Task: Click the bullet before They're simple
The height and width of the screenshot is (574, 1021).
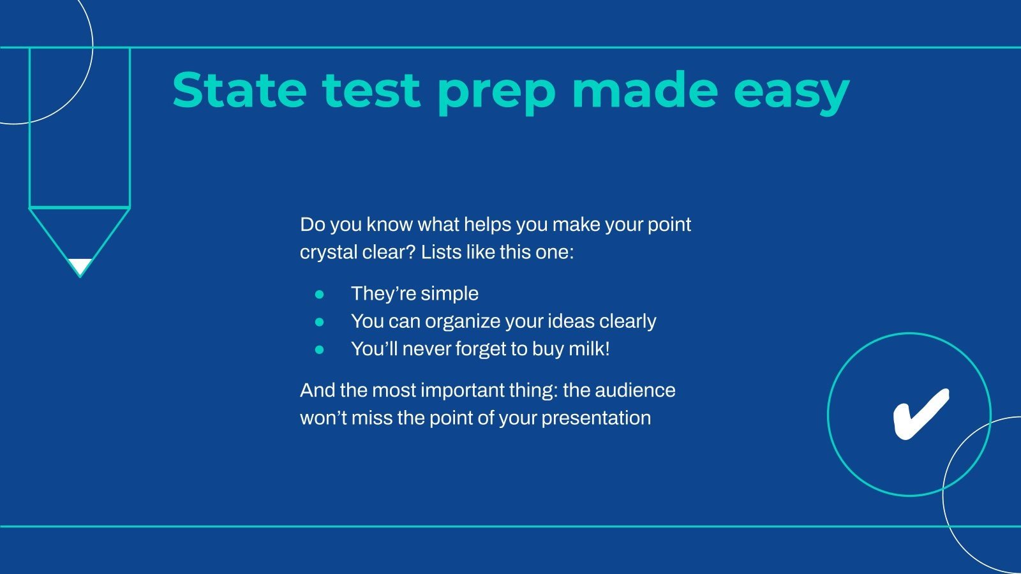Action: tap(320, 294)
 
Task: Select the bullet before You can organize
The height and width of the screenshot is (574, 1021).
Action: tap(320, 322)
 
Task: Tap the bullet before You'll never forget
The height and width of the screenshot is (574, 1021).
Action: tap(320, 350)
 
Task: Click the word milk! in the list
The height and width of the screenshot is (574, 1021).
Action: tap(589, 349)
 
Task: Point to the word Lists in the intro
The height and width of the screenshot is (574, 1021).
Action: tap(441, 252)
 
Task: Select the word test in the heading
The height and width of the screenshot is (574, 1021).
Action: tap(371, 90)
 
